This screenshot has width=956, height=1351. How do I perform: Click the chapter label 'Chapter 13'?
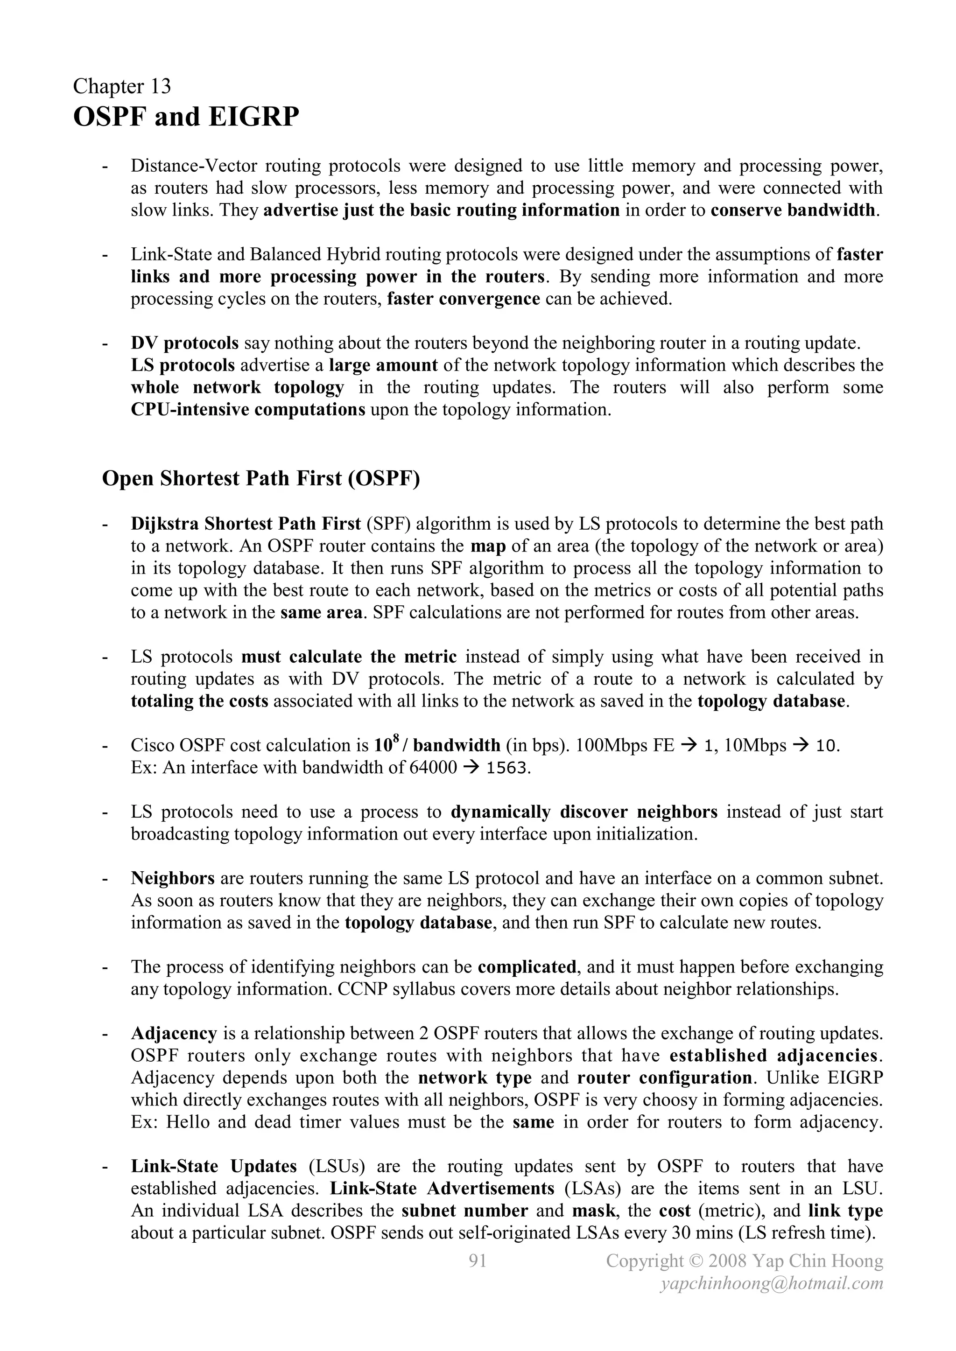[x=122, y=86]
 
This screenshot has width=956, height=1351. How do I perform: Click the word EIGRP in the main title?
[x=254, y=117]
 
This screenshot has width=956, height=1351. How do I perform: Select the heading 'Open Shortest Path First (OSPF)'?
[x=261, y=478]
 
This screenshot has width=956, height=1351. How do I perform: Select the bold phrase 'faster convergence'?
[x=463, y=299]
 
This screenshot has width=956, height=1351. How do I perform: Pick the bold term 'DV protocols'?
[x=184, y=343]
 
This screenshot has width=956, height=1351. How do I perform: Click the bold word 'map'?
[x=488, y=546]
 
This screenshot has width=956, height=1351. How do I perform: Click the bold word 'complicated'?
[x=526, y=967]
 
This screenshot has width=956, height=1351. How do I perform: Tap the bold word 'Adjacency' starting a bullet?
[x=174, y=1034]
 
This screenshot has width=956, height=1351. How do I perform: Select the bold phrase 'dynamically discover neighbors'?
[x=584, y=812]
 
